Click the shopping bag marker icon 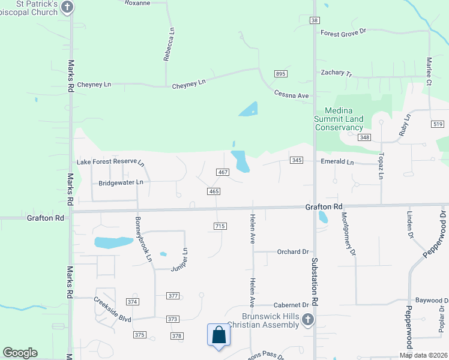(x=219, y=335)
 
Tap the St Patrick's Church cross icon (x=67, y=7)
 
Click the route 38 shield (x=315, y=20)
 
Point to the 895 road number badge (x=281, y=73)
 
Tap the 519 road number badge (x=437, y=124)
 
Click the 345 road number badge (x=297, y=160)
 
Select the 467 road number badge (x=223, y=172)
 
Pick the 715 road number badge (x=219, y=226)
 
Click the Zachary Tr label (x=336, y=73)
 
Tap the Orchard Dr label (x=292, y=252)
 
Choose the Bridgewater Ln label (x=121, y=182)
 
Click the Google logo (x=20, y=353)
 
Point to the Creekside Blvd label (x=112, y=306)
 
